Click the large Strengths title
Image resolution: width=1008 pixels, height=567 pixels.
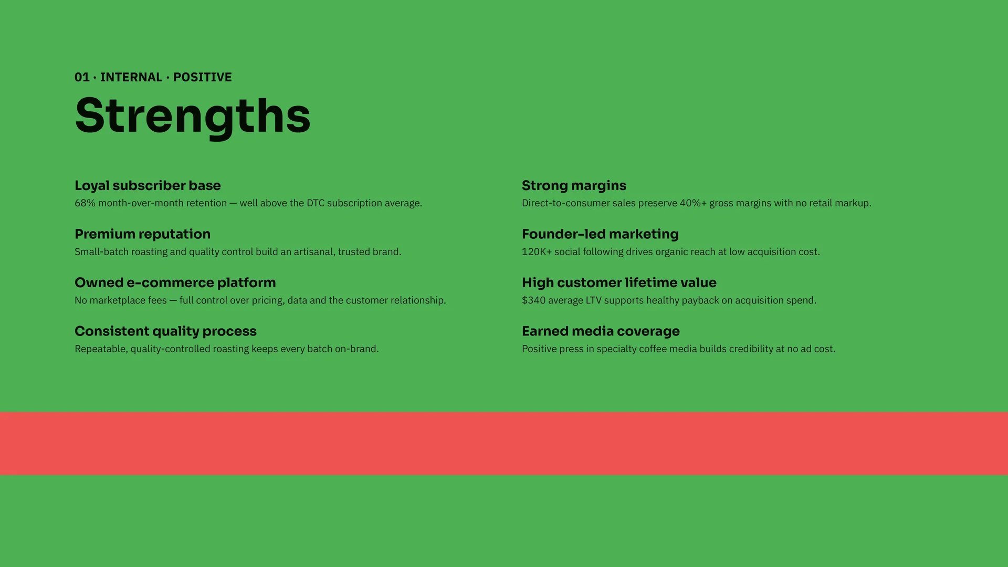tap(193, 117)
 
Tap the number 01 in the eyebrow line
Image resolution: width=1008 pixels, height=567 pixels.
tap(82, 77)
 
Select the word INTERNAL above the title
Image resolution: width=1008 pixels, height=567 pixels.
tap(131, 77)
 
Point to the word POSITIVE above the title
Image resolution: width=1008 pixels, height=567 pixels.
tap(203, 77)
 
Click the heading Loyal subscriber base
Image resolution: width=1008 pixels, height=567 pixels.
tap(148, 186)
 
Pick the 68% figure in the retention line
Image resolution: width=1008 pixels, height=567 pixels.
tap(85, 203)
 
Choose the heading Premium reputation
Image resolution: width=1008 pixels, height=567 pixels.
tap(142, 234)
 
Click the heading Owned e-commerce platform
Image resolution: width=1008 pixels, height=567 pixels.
tap(175, 283)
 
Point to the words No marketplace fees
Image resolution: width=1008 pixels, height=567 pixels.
tap(121, 300)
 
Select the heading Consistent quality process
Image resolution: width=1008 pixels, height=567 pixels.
tap(165, 331)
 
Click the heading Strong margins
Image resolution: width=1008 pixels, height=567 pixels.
tap(574, 186)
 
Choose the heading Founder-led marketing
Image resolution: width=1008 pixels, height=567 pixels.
tap(600, 234)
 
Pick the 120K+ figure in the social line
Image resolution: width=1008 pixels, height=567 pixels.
tap(537, 252)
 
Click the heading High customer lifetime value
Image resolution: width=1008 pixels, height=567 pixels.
tap(619, 283)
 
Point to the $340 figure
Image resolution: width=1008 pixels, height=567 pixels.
tap(533, 300)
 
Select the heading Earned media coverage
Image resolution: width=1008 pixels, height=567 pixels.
tap(601, 331)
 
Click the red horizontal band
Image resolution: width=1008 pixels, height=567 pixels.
tap(504, 444)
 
